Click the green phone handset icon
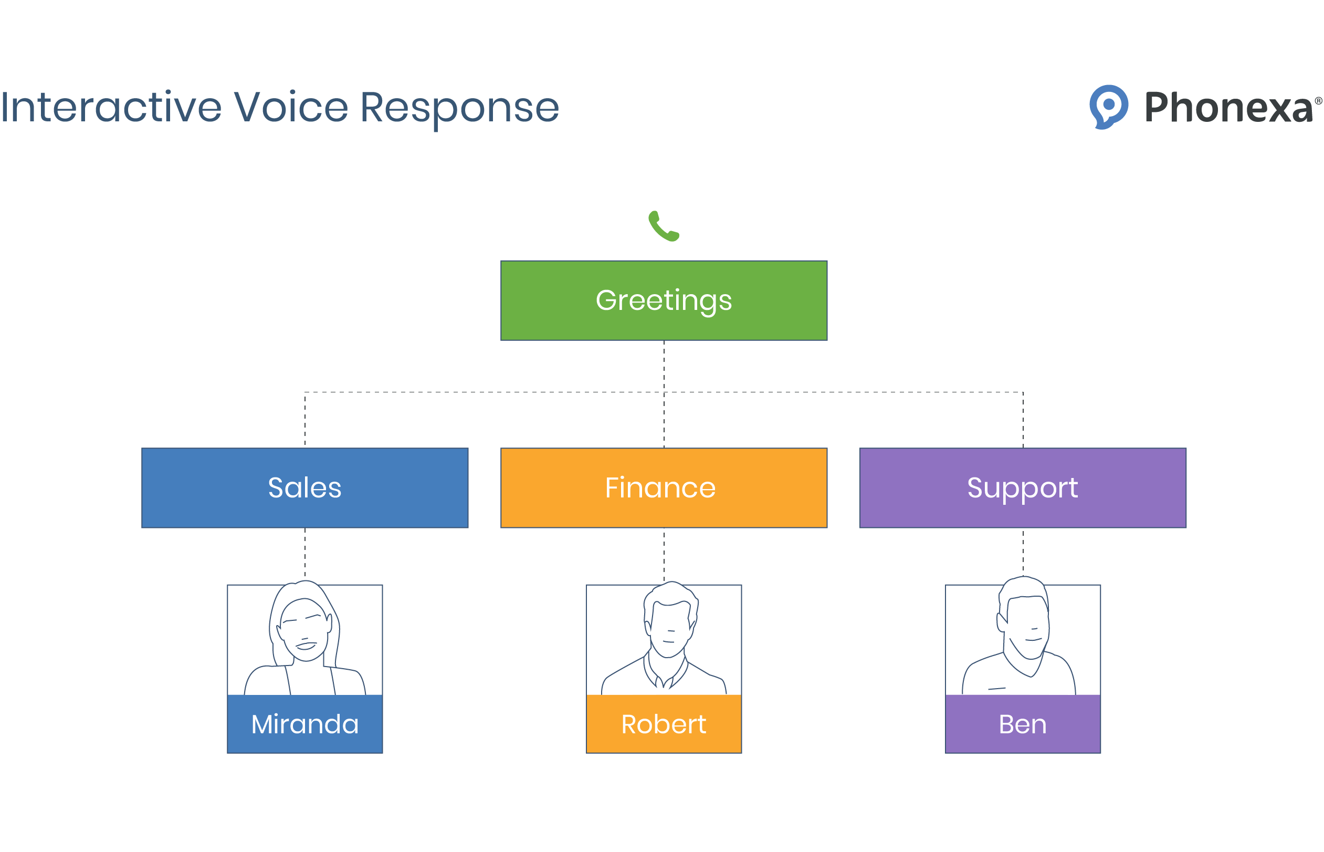(663, 226)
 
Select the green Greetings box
(664, 300)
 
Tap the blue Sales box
(304, 488)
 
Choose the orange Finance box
(664, 488)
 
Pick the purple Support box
(1022, 488)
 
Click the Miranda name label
(304, 724)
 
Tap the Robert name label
(664, 724)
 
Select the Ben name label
(1022, 724)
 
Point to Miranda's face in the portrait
(303, 630)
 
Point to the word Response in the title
(459, 108)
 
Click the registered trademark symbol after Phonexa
(1318, 101)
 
